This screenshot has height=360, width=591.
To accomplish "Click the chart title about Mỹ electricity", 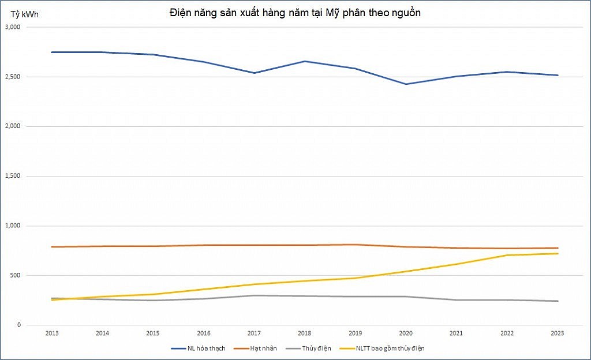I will pyautogui.click(x=295, y=13).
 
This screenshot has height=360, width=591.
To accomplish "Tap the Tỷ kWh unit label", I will pyautogui.click(x=23, y=13).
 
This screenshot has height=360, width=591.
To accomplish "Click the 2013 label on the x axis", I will pyautogui.click(x=51, y=333).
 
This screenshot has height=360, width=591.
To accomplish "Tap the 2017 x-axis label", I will pyautogui.click(x=254, y=333).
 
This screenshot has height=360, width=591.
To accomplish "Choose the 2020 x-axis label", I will pyautogui.click(x=406, y=333).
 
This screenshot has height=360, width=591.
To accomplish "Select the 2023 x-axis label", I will pyautogui.click(x=558, y=333).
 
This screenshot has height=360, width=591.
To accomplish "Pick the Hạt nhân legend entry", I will pyautogui.click(x=263, y=348).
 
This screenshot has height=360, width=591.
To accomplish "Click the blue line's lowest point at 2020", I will pyautogui.click(x=406, y=84).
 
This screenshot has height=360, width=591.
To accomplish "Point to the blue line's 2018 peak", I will pyautogui.click(x=305, y=61).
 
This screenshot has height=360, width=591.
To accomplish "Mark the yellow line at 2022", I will pyautogui.click(x=507, y=255).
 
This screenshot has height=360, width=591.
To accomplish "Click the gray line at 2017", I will pyautogui.click(x=254, y=295).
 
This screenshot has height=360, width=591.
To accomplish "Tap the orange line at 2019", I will pyautogui.click(x=355, y=245).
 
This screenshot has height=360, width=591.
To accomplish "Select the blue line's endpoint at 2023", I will pyautogui.click(x=558, y=75).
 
